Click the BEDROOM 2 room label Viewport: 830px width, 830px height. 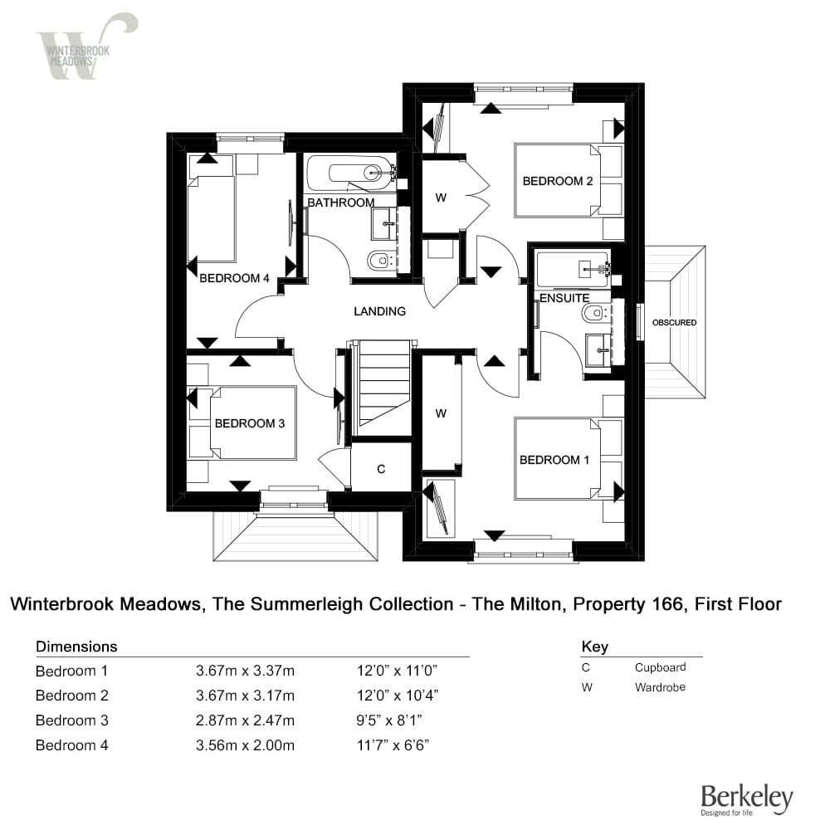point(558,181)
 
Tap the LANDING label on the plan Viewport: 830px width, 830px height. point(379,311)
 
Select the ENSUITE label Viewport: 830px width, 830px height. point(564,298)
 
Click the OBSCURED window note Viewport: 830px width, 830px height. point(674,322)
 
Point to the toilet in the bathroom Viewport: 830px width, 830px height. point(380,260)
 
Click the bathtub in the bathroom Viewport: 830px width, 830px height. point(351,173)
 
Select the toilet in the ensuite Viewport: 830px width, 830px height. point(595,313)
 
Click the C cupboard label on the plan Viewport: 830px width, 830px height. point(381,469)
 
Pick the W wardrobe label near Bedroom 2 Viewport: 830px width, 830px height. point(441,198)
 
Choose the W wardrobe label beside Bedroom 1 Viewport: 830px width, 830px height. point(441,413)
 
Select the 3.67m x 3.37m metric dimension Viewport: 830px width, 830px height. point(245,671)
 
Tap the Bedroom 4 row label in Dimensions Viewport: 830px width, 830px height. point(72,745)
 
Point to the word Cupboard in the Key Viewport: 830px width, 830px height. point(660,667)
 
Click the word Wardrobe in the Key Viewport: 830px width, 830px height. point(660,687)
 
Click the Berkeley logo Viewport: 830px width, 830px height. point(747,800)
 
